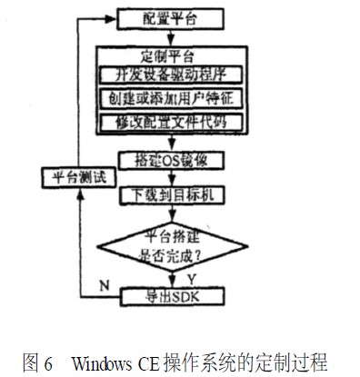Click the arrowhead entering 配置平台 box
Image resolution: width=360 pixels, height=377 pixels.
(x=114, y=17)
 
